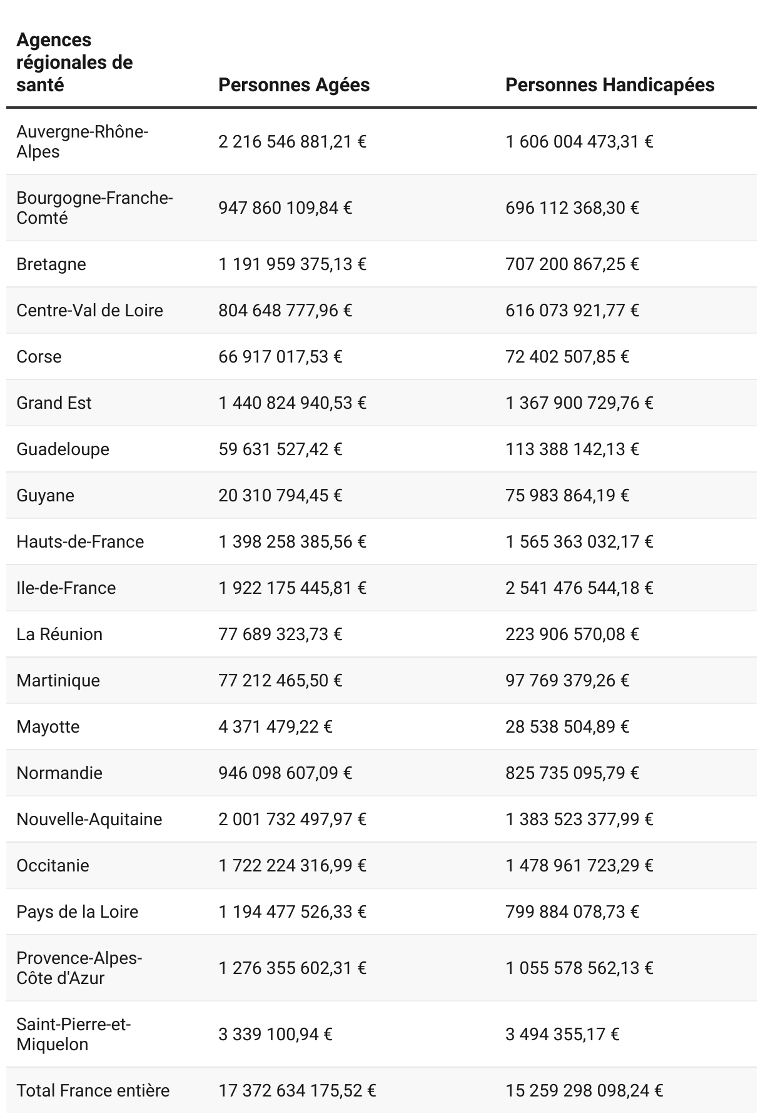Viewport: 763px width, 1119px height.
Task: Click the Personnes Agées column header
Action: pyautogui.click(x=294, y=85)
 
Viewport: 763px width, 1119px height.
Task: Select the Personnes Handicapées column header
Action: pyautogui.click(x=610, y=85)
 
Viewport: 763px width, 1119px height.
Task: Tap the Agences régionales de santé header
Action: pyautogui.click(x=74, y=63)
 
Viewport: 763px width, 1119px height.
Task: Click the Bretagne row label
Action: pyautogui.click(x=51, y=264)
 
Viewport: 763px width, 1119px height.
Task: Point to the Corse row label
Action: pyautogui.click(x=39, y=356)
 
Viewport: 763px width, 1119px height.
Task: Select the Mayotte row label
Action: pyautogui.click(x=48, y=726)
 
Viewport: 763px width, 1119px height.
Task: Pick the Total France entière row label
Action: pyautogui.click(x=93, y=1090)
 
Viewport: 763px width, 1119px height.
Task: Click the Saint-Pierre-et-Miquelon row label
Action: pyautogui.click(x=73, y=1034)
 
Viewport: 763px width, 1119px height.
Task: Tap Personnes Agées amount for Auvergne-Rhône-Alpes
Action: pyautogui.click(x=292, y=142)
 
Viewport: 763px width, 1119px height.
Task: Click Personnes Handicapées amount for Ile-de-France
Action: pyautogui.click(x=579, y=588)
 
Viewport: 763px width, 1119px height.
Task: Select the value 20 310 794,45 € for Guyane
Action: pyautogui.click(x=280, y=495)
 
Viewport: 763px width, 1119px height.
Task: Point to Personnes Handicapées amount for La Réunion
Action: pyautogui.click(x=572, y=634)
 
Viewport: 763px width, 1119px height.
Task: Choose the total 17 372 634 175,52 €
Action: pyautogui.click(x=297, y=1090)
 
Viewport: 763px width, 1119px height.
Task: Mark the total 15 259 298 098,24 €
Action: pyautogui.click(x=584, y=1090)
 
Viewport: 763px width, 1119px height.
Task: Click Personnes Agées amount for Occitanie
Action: pyautogui.click(x=292, y=865)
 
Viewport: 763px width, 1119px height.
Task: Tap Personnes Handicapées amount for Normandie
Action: pyautogui.click(x=572, y=773)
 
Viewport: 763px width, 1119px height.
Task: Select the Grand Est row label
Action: pyautogui.click(x=54, y=403)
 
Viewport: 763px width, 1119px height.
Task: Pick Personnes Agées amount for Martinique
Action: pyautogui.click(x=280, y=680)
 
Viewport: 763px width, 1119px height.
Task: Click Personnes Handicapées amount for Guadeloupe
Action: pyautogui.click(x=572, y=449)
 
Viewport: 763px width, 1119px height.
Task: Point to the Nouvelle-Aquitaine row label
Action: pyautogui.click(x=89, y=819)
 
